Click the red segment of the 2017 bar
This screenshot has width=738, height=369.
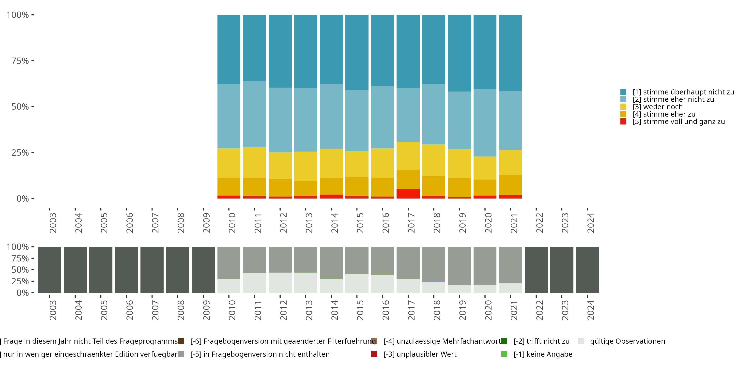pyautogui.click(x=408, y=194)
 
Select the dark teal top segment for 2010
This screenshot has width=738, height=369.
pyautogui.click(x=229, y=49)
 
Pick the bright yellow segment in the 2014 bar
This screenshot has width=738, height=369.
pyautogui.click(x=331, y=163)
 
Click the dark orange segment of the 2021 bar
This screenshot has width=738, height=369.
pyautogui.click(x=510, y=185)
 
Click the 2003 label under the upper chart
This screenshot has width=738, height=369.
pyautogui.click(x=53, y=223)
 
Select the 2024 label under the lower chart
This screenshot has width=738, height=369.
pyautogui.click(x=590, y=310)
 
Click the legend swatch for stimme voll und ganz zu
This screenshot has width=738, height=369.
pyautogui.click(x=623, y=122)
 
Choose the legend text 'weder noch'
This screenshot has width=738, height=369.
pyautogui.click(x=663, y=107)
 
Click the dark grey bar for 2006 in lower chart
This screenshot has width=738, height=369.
pyautogui.click(x=126, y=270)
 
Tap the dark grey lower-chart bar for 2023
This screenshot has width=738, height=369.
pyautogui.click(x=562, y=270)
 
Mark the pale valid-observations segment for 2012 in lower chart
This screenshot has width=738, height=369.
pyautogui.click(x=280, y=282)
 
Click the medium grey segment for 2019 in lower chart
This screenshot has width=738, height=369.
pyautogui.click(x=459, y=266)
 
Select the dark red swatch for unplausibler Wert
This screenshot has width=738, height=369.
pyautogui.click(x=374, y=354)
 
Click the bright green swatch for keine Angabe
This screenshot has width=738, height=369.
pyautogui.click(x=504, y=354)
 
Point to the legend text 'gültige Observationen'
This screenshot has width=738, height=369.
pyautogui.click(x=627, y=341)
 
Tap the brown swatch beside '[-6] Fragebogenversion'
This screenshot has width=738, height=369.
pyautogui.click(x=181, y=341)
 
